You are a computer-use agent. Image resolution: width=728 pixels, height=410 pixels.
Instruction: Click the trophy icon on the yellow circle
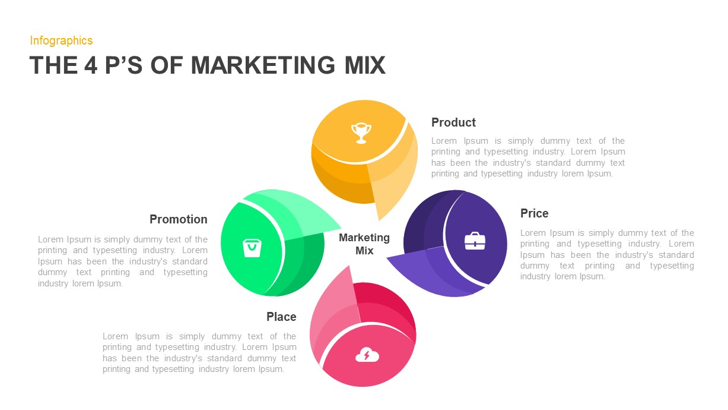click(x=361, y=132)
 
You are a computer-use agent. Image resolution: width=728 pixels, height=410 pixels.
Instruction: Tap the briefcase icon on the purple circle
click(x=475, y=241)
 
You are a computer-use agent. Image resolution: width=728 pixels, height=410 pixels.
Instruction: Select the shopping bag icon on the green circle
click(x=252, y=247)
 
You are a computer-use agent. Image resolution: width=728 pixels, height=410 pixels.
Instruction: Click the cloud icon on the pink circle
click(x=367, y=355)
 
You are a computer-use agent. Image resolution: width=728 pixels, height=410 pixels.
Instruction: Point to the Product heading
click(x=453, y=122)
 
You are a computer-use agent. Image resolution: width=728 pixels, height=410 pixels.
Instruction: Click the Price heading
click(x=534, y=213)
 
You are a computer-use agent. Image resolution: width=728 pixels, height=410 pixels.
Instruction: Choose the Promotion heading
click(x=178, y=219)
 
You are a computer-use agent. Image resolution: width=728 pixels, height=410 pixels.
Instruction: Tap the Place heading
click(x=281, y=317)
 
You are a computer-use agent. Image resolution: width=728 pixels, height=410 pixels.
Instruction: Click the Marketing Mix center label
click(x=364, y=244)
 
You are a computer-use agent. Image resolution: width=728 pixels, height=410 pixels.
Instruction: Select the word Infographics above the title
click(x=61, y=40)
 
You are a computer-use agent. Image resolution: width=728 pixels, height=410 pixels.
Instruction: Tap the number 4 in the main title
click(x=91, y=65)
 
